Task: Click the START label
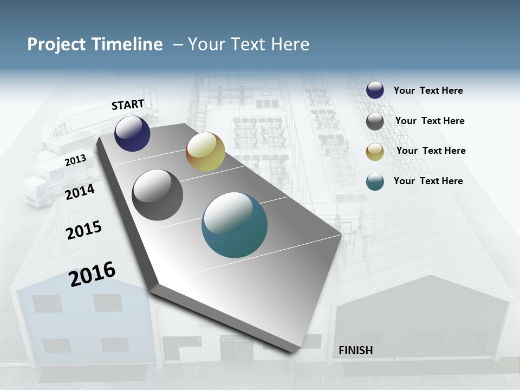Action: click(128, 105)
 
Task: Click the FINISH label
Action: click(355, 350)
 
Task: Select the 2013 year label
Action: click(75, 160)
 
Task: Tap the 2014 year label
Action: click(80, 192)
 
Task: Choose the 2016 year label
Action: click(92, 274)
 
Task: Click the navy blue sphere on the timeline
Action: click(132, 133)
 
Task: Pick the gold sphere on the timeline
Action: click(205, 152)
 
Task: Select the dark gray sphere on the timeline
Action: click(157, 195)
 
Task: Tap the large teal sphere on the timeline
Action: click(235, 225)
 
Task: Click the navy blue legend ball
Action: click(375, 90)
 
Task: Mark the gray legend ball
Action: click(375, 121)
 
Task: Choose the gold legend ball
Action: click(375, 152)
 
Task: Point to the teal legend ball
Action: click(375, 181)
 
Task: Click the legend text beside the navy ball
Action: click(428, 90)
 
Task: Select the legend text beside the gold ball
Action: click(431, 151)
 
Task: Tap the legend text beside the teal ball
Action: click(428, 181)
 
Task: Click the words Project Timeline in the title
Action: click(95, 44)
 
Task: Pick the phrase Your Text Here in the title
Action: click(249, 44)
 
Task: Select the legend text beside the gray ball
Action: click(430, 121)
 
